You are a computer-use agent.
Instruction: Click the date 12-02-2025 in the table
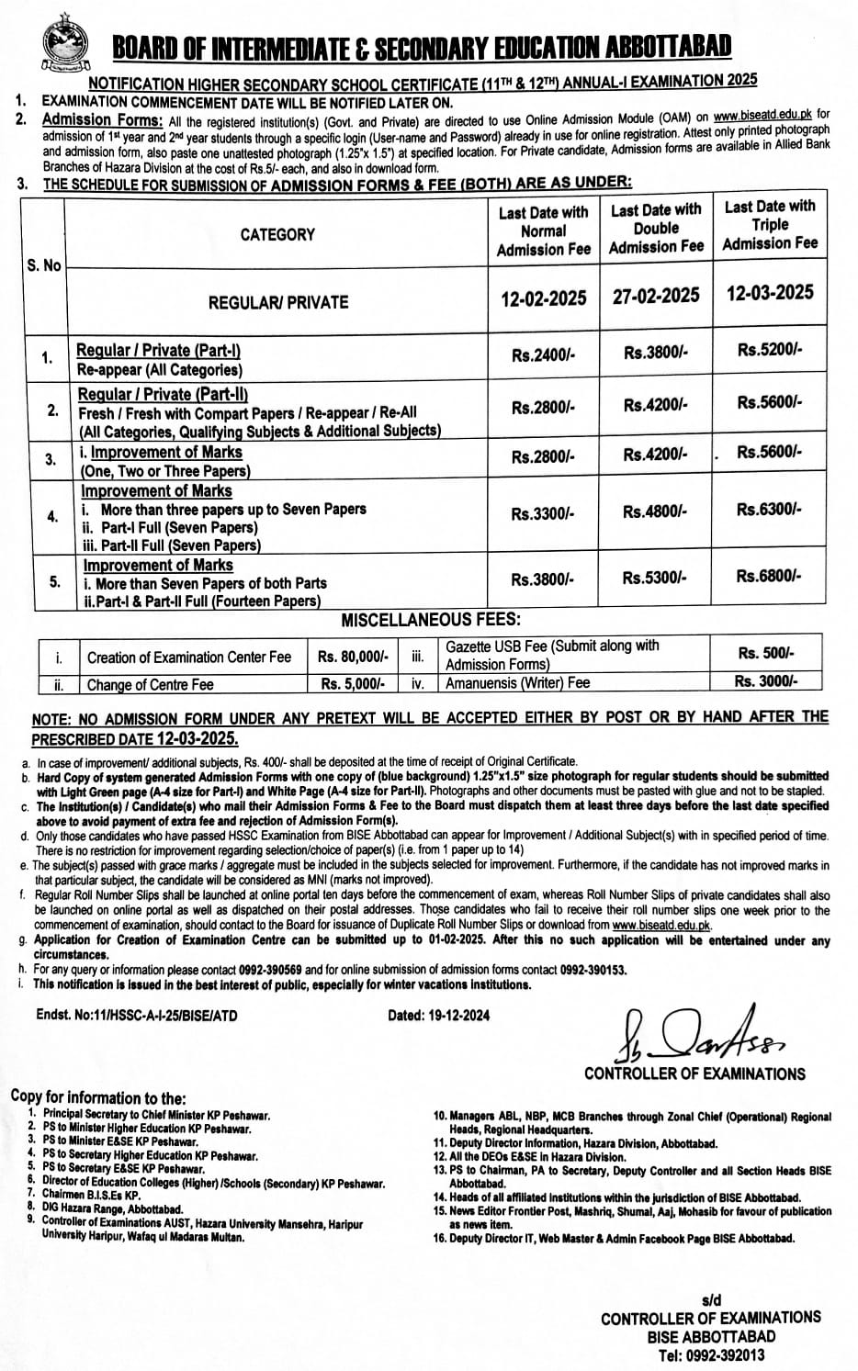(543, 298)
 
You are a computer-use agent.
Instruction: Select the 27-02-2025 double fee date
(656, 295)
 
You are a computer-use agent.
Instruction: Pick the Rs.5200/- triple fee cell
(769, 350)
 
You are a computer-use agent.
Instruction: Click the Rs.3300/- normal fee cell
(543, 514)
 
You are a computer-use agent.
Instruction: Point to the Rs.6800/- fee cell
(769, 576)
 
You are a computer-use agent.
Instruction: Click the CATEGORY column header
(277, 234)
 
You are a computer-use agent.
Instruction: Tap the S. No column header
(44, 264)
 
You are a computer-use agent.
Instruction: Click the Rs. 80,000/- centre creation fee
(354, 657)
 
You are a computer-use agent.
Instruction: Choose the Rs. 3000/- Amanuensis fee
(766, 681)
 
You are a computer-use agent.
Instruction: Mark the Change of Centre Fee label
(150, 684)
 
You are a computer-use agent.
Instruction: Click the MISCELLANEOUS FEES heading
(431, 621)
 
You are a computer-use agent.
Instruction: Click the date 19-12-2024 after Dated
(455, 1015)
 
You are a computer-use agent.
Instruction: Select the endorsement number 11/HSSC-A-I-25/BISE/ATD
(161, 1015)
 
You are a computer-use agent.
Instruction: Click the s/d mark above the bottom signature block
(710, 1300)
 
